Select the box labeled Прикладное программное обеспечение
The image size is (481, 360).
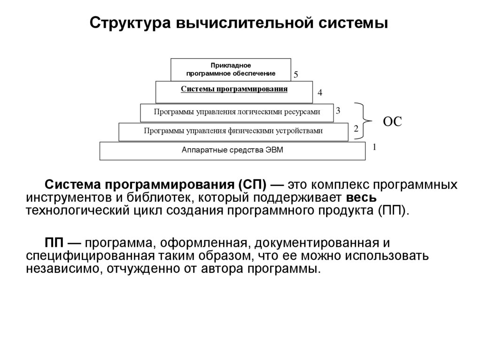tap(231, 69)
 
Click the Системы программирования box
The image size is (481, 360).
tap(234, 92)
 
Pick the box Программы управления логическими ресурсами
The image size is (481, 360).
tap(237, 112)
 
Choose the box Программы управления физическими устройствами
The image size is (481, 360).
tap(233, 131)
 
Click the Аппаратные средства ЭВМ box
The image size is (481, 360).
tap(233, 151)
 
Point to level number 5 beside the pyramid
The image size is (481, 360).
tap(296, 75)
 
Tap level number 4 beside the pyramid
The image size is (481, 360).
tap(320, 93)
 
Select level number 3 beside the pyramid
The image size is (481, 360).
tap(338, 111)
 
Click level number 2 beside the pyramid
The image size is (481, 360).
tap(356, 129)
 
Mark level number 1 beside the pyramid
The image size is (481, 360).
tap(374, 147)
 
